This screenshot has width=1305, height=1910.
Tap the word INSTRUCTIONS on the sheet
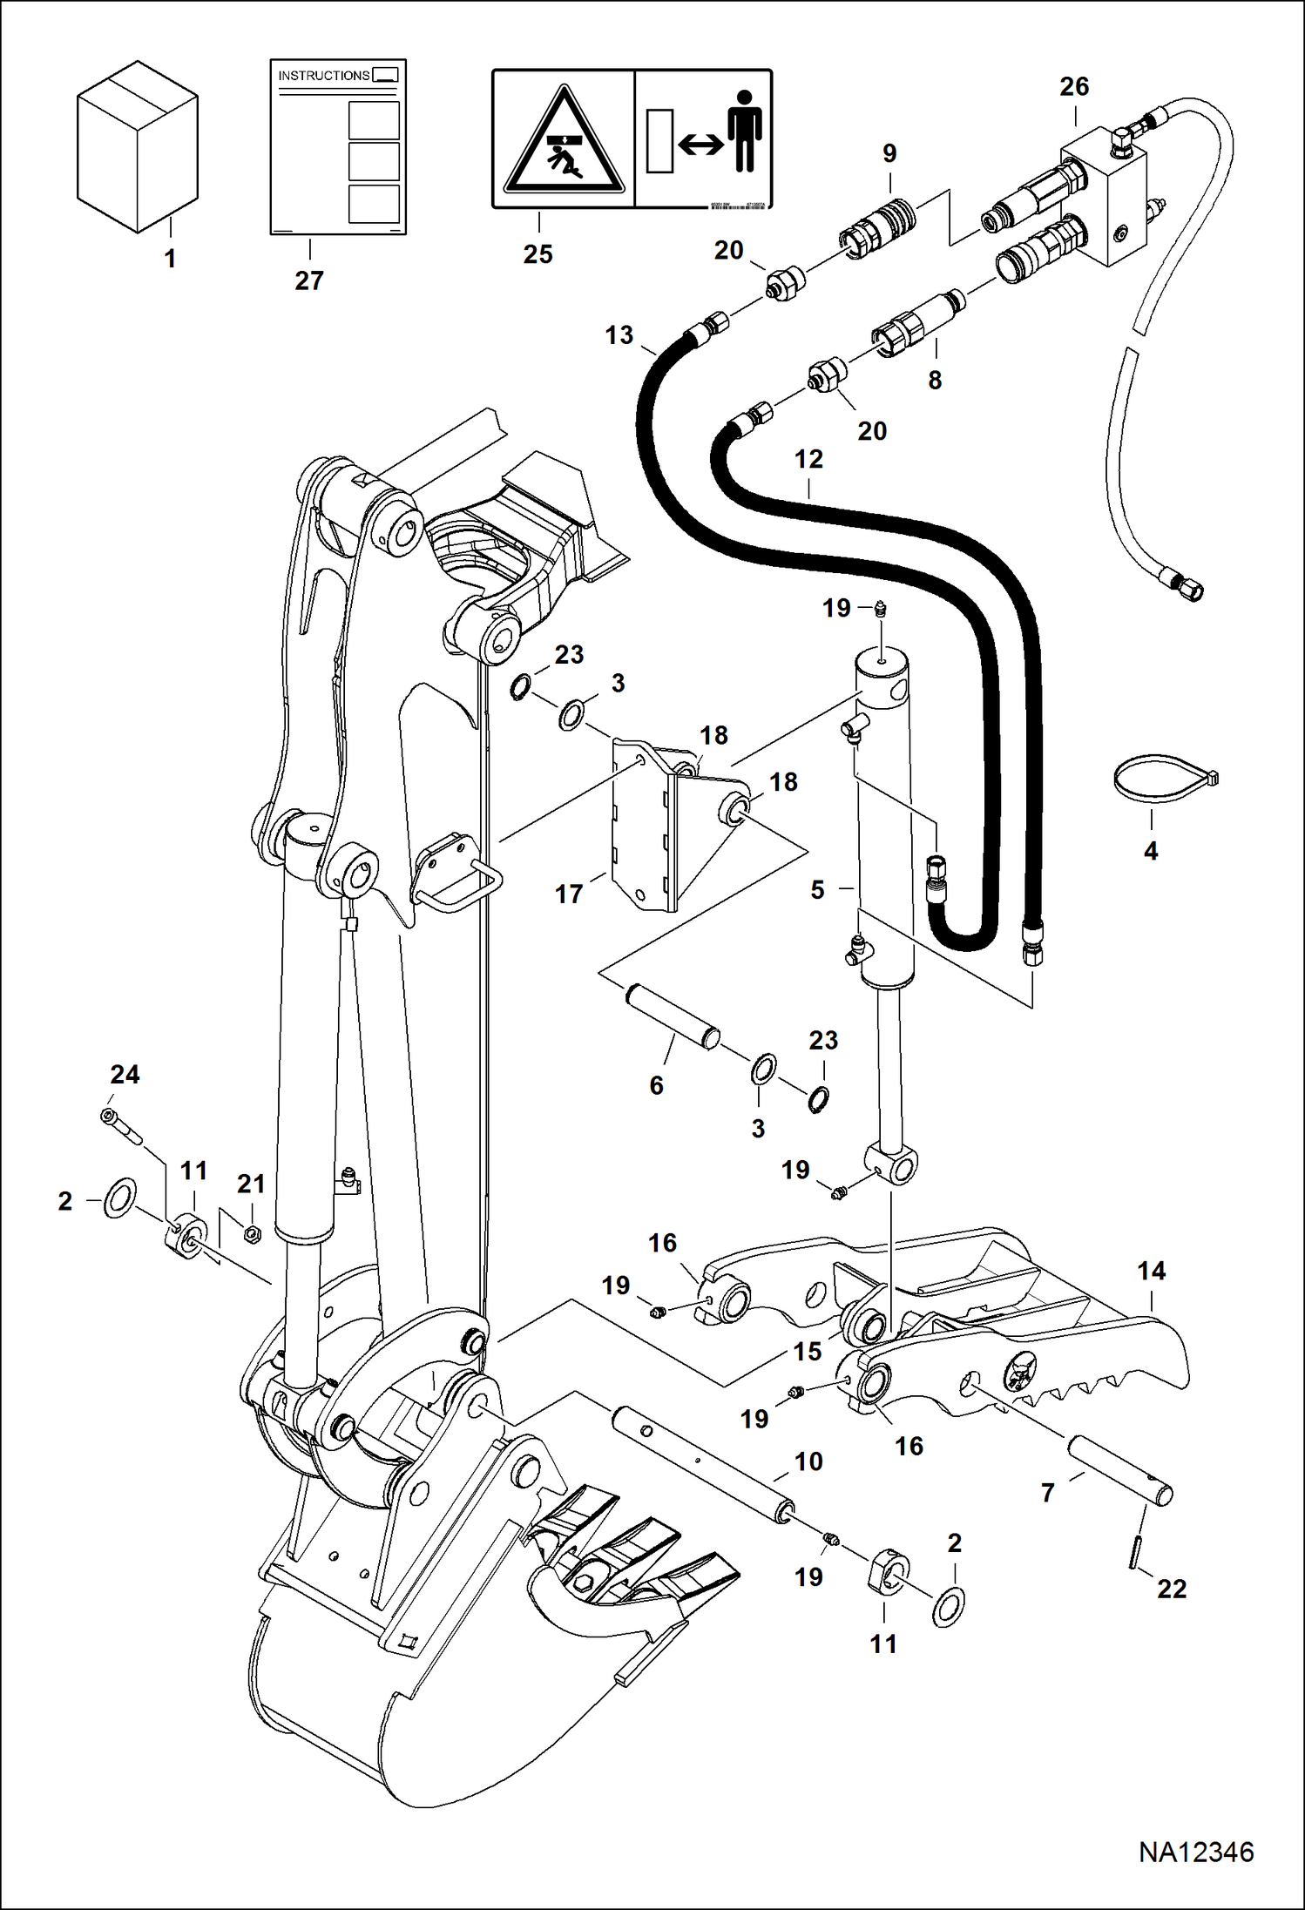click(x=323, y=76)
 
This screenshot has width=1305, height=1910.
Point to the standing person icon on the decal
click(x=744, y=131)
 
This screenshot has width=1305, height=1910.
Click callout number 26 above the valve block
click(x=1074, y=87)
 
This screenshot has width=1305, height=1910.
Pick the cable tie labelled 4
click(x=1164, y=777)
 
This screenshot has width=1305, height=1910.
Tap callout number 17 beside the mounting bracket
click(x=568, y=894)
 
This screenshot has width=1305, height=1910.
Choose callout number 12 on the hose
click(x=808, y=459)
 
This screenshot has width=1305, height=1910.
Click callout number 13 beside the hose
click(x=619, y=335)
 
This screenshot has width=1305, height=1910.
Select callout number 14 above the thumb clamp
click(x=1151, y=1271)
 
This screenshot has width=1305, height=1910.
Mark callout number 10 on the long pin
click(x=808, y=1461)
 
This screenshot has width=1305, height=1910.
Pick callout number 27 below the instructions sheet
click(x=309, y=280)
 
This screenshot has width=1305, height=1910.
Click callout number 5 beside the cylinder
click(x=817, y=890)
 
